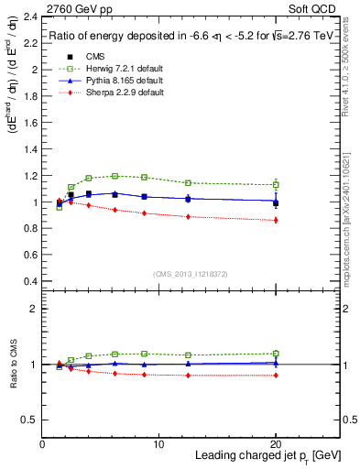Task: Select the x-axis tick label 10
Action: [x=158, y=445]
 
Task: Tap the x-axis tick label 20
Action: [x=275, y=445]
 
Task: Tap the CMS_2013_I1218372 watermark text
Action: [x=191, y=273]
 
